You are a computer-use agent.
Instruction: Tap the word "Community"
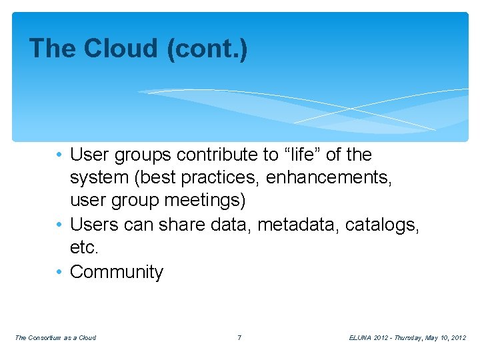click(x=117, y=272)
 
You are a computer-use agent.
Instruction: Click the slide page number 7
click(x=239, y=338)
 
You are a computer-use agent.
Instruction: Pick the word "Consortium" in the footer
click(x=45, y=338)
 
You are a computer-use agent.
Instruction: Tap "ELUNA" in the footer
click(x=361, y=338)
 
